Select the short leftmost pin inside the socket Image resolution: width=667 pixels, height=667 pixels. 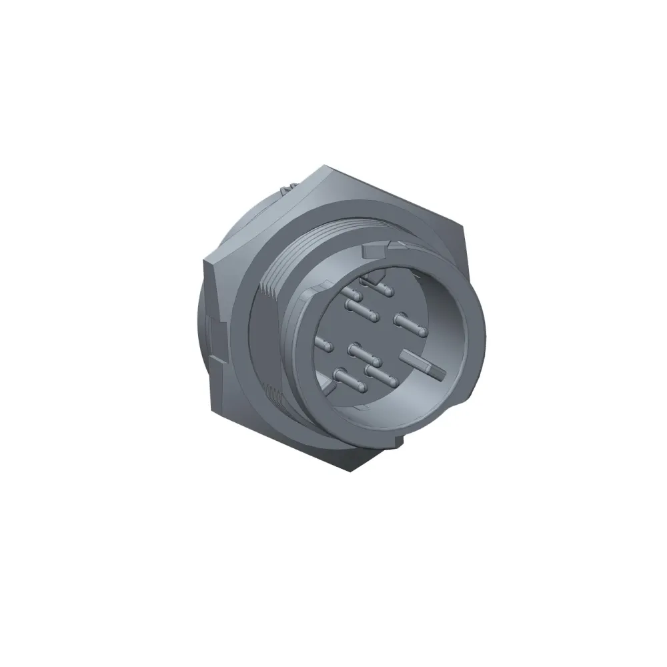323,344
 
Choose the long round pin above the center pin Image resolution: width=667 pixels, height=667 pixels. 361,308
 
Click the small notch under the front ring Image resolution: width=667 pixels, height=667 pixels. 400,441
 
